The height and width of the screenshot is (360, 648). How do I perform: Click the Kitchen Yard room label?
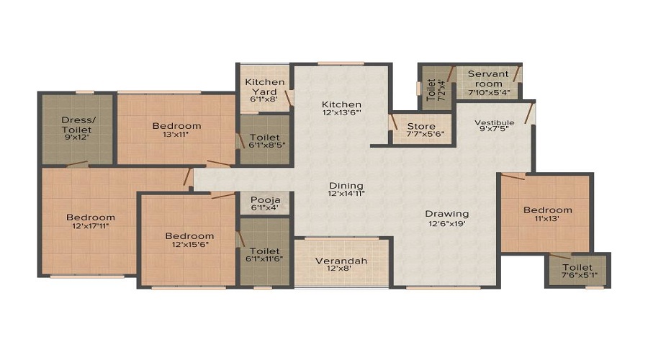264,87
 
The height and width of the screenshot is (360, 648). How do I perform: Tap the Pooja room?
265,203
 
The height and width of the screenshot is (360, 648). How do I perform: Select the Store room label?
421,127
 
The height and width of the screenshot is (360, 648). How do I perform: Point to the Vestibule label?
494,122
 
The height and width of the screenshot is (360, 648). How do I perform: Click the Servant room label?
488,78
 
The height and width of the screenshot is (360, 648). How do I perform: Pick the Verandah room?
341,264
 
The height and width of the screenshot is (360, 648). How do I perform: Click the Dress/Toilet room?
77,130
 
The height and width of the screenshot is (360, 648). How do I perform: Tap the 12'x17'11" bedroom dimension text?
91,225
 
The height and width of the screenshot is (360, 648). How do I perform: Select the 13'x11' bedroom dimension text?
176,134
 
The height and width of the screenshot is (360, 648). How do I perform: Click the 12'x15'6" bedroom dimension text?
189,244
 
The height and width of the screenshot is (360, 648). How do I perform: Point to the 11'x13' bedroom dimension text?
547,218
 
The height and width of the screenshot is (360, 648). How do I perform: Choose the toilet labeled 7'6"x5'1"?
577,271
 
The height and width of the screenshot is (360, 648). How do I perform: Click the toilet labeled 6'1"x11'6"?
265,251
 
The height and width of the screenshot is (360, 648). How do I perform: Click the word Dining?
346,186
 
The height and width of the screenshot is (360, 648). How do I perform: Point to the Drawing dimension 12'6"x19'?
446,223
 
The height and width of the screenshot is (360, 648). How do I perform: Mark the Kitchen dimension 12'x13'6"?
341,112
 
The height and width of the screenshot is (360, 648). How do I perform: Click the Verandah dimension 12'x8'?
341,269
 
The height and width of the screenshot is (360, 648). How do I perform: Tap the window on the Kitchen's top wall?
341,63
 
